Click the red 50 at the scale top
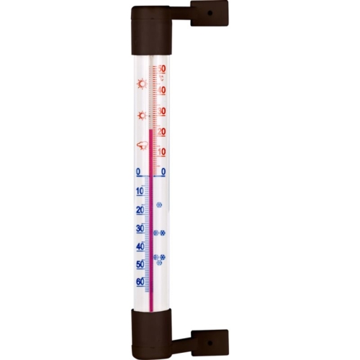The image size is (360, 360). click(163, 69)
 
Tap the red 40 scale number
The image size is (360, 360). click(163, 91)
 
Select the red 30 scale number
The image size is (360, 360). click(163, 112)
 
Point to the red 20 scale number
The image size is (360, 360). click(163, 132)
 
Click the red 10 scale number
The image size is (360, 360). click(163, 152)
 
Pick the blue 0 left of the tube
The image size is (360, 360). click(138, 172)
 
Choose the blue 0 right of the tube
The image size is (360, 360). click(163, 172)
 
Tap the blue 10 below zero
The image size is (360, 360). click(140, 192)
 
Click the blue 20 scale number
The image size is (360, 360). click(140, 210)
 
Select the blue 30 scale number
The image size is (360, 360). click(140, 228)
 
